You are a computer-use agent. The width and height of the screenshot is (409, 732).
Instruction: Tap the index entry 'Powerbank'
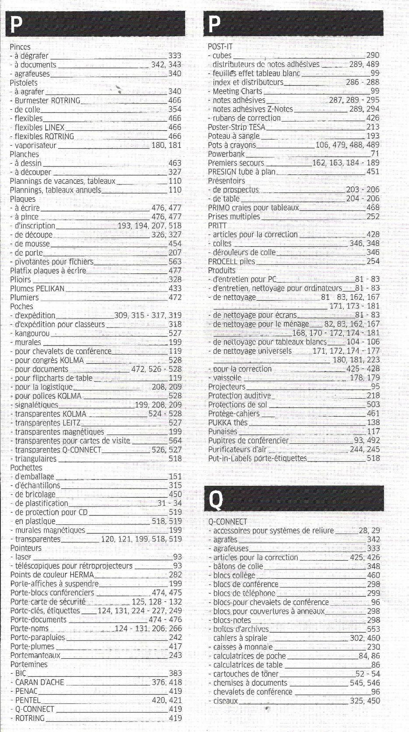(x=226, y=154)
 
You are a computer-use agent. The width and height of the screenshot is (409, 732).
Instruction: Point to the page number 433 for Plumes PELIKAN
(x=175, y=288)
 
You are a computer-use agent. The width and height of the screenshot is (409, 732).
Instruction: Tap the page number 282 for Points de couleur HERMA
(x=175, y=575)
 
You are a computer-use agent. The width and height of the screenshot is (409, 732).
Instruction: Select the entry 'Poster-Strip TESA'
(x=236, y=127)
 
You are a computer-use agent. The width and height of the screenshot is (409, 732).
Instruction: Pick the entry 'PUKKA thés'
(x=228, y=423)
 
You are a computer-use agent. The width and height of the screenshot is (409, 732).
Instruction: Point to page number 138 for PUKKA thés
(x=373, y=423)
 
